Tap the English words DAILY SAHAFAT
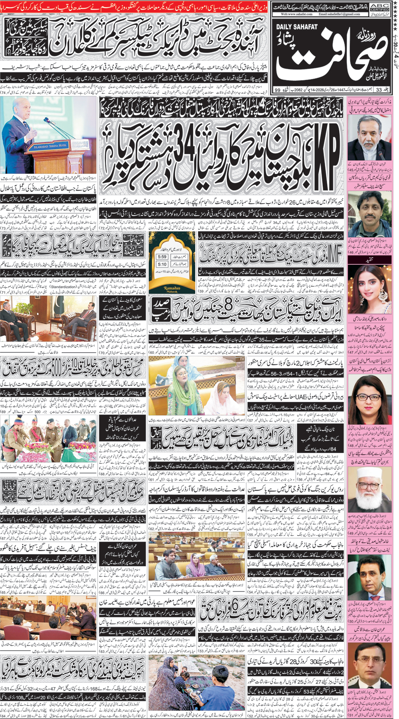coord(296,27)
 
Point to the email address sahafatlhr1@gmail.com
coord(339,14)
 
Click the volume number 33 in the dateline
coord(379,90)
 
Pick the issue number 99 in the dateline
coord(277,90)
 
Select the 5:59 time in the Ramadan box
coord(162,257)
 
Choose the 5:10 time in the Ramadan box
coord(162,264)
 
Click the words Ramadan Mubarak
coord(172,289)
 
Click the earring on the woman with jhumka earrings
coord(354,296)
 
